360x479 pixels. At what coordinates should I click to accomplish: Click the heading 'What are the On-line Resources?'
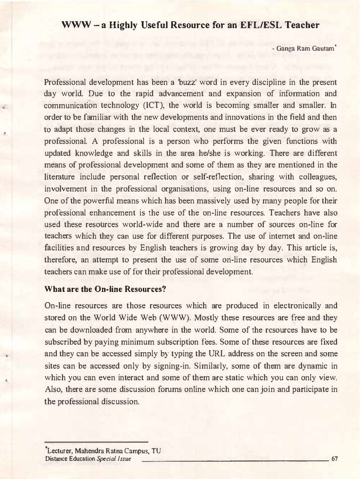(105, 289)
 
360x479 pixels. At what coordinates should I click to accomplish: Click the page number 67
(335, 459)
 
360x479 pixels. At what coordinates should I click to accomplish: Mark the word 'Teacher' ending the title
(297, 25)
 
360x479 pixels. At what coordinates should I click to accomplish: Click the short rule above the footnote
(96, 442)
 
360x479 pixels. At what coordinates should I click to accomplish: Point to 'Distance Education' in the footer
(70, 459)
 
